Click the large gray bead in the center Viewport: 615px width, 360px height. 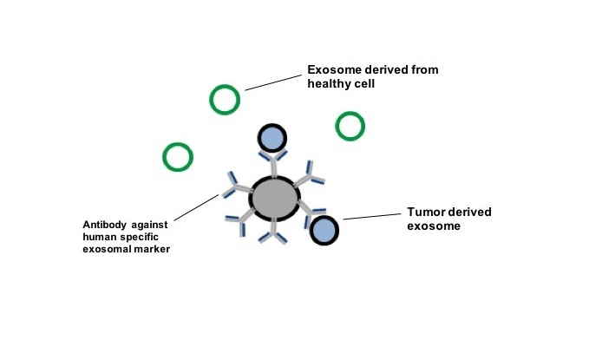click(x=275, y=199)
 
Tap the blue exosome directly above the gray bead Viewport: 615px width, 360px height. click(x=272, y=138)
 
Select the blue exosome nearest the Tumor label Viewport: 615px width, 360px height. click(x=324, y=230)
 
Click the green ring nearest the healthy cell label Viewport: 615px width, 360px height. click(x=225, y=100)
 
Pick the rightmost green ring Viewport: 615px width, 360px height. click(x=350, y=127)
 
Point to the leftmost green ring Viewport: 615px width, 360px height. click(x=178, y=157)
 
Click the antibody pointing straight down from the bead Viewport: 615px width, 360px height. click(x=273, y=232)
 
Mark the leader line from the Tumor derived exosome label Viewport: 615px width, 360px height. click(x=372, y=217)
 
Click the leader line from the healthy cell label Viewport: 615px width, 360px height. click(x=273, y=82)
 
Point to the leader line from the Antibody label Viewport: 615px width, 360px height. click(x=197, y=207)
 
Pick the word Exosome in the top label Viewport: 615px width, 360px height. click(x=334, y=69)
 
